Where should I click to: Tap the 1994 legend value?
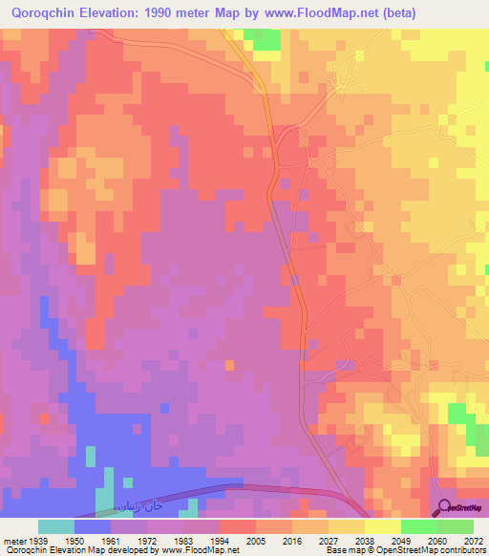point(232,540)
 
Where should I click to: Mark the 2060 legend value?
point(436,540)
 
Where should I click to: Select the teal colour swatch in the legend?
point(56,526)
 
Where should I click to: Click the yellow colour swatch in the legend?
point(383,526)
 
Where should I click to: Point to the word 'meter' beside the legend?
point(14,540)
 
